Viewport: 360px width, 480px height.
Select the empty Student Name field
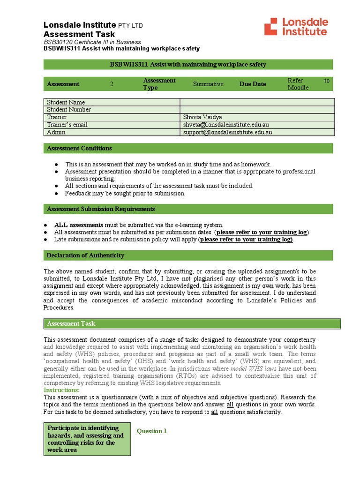pyautogui.click(x=257, y=102)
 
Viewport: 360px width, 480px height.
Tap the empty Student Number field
pyautogui.click(x=257, y=110)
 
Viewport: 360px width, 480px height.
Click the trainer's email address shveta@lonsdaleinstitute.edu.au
pyautogui.click(x=226, y=125)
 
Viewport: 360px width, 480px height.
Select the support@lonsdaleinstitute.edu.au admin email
pyautogui.click(x=227, y=132)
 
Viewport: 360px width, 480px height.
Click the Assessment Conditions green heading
pyautogui.click(x=79, y=149)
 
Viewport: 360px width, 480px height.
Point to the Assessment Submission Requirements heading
pyautogui.click(x=101, y=209)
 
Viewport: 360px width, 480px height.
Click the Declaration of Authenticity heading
pyautogui.click(x=85, y=255)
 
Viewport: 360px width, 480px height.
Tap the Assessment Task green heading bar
pyautogui.click(x=192, y=323)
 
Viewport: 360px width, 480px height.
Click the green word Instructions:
pyautogui.click(x=62, y=390)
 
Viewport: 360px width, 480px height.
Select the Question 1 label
pyautogui.click(x=151, y=431)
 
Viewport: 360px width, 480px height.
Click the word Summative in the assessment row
pyautogui.click(x=208, y=84)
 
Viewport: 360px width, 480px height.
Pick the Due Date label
pyautogui.click(x=253, y=84)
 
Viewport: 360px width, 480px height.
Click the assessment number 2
pyautogui.click(x=112, y=84)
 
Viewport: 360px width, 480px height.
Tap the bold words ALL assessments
pyautogui.click(x=79, y=225)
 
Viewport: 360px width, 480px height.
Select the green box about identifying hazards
pyautogui.click(x=87, y=439)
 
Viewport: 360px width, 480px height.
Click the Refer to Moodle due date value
pyautogui.click(x=308, y=84)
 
